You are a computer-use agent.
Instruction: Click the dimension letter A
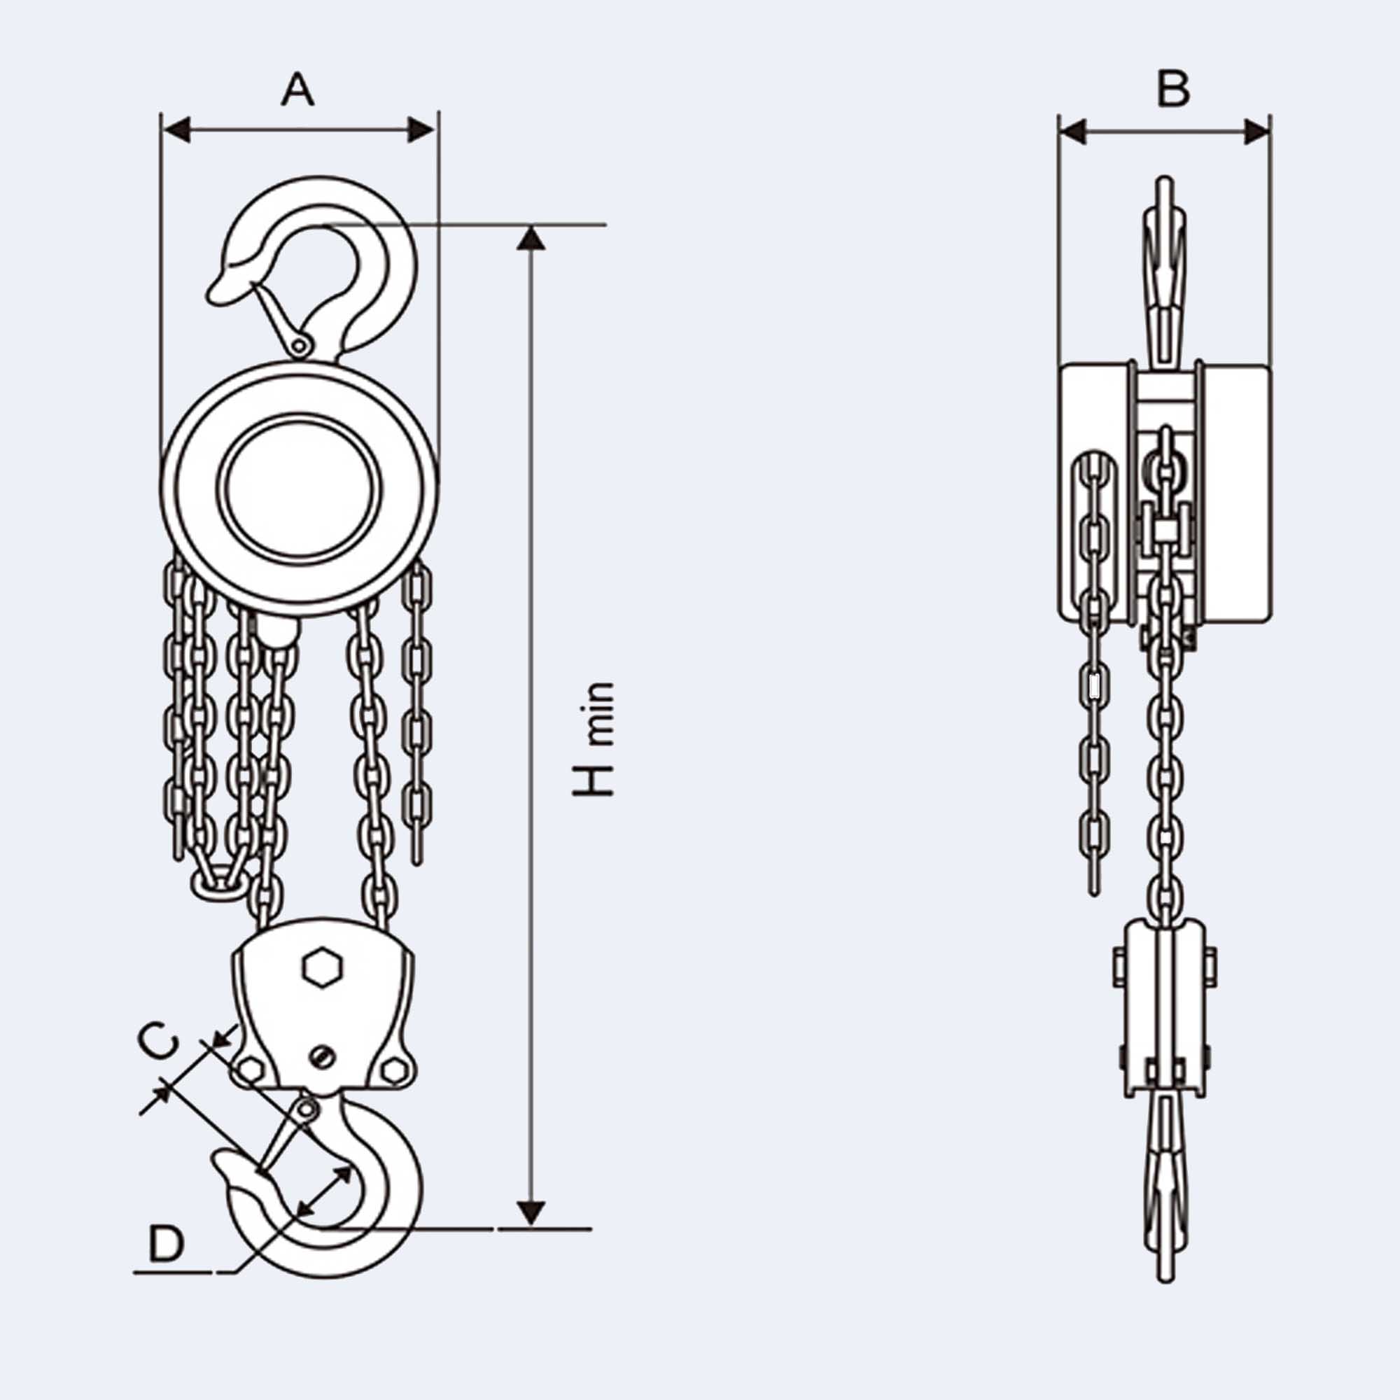point(297,90)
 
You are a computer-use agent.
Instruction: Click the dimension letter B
point(1173,90)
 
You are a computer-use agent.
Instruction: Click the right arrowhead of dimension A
point(421,130)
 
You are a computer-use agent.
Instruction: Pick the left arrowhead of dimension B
point(1073,132)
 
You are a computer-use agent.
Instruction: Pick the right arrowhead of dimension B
point(1256,132)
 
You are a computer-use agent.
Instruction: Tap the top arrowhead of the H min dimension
point(531,239)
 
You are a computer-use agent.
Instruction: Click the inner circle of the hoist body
point(300,488)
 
